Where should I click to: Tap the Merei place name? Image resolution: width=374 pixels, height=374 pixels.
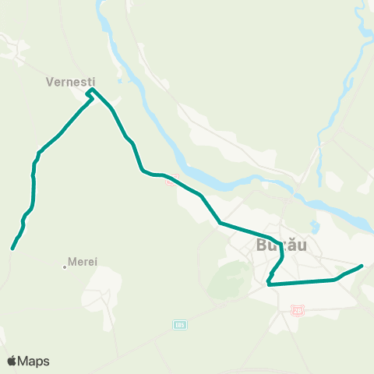83,262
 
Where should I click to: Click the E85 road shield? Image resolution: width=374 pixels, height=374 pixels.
180,323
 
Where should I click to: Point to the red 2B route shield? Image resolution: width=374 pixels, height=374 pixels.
297,310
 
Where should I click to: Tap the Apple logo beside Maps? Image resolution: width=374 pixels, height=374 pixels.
12,361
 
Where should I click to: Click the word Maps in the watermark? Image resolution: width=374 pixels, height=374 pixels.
34,361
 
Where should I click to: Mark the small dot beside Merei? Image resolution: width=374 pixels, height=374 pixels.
65,267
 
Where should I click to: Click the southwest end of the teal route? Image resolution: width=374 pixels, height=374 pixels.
12,249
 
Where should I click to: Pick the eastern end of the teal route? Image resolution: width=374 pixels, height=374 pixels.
362,266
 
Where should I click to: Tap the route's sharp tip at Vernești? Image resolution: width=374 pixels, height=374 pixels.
91,90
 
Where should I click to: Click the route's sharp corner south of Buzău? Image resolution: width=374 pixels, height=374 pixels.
268,284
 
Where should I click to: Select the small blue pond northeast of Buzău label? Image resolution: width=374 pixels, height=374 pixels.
316,228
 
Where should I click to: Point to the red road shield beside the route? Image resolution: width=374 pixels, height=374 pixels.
170,183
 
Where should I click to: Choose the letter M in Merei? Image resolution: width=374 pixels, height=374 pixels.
72,262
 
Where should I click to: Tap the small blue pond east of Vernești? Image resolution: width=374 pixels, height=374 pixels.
119,78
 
